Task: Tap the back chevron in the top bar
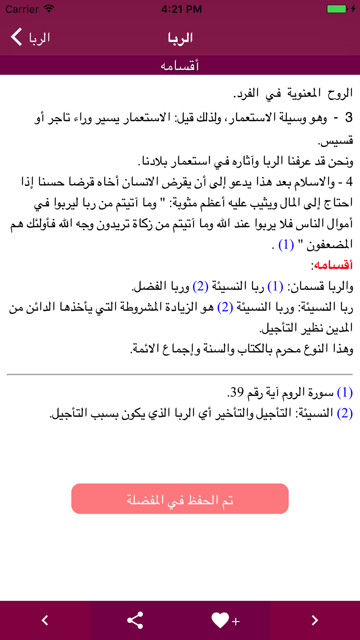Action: [17, 37]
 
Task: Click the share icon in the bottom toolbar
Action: [135, 620]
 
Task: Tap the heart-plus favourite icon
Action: [225, 620]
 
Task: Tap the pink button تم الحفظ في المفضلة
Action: [180, 499]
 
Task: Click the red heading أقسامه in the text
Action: [333, 265]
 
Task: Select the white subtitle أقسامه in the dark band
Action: [180, 66]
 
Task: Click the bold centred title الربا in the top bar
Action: [180, 38]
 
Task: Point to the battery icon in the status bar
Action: [337, 9]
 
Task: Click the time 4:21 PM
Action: [181, 9]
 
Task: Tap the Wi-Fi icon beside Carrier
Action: [49, 9]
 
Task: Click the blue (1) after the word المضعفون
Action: [286, 245]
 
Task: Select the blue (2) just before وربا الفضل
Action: [201, 287]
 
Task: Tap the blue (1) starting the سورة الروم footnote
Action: [345, 392]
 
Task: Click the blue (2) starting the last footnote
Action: [345, 413]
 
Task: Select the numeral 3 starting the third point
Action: [348, 118]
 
